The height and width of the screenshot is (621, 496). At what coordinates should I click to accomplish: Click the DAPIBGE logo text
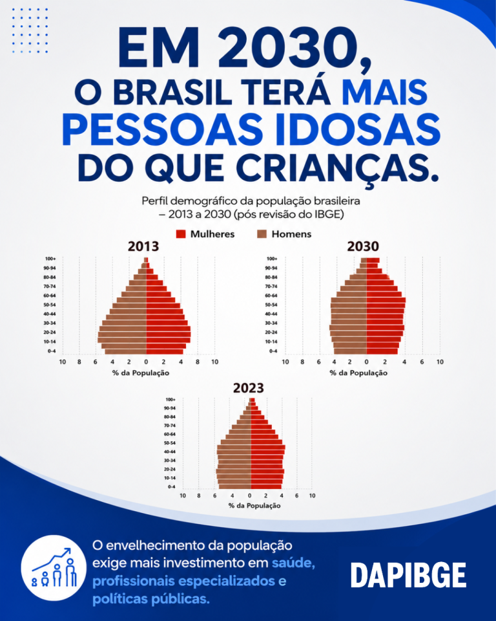408,576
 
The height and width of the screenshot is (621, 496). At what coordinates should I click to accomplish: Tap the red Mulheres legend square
181,234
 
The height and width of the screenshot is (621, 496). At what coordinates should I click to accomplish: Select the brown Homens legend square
262,234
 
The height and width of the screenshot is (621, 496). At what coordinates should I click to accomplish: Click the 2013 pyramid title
143,246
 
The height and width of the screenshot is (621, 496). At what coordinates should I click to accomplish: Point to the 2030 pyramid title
363,246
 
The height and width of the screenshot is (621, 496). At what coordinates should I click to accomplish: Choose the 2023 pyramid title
249,387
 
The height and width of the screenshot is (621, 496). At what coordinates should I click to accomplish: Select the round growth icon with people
54,568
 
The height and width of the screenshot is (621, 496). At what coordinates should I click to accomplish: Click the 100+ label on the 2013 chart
50,259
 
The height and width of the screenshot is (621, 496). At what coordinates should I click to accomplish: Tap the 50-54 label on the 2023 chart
170,443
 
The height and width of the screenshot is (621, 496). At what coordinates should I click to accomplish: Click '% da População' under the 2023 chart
254,506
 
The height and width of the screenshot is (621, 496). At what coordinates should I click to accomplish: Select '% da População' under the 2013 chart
140,373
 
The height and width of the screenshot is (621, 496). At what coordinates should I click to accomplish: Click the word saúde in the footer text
293,563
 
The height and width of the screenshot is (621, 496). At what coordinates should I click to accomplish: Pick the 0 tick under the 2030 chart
367,362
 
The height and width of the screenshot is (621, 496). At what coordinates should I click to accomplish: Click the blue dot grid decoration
30,30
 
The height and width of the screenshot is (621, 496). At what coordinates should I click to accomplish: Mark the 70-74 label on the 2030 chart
271,287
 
